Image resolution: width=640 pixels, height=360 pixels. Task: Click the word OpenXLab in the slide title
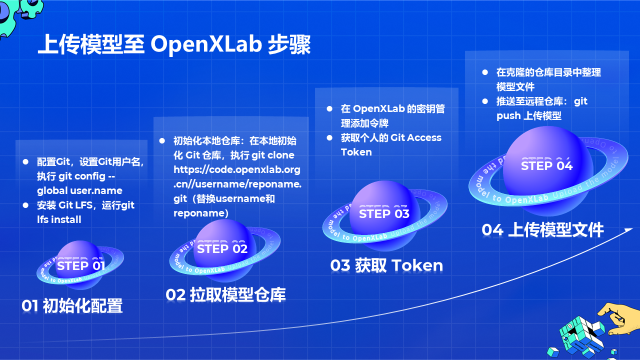206,44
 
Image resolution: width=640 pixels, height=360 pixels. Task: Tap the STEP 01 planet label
80,265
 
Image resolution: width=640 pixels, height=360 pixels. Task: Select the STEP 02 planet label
222,248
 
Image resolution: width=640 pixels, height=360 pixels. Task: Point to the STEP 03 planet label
384,213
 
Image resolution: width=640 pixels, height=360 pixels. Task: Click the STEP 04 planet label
546,165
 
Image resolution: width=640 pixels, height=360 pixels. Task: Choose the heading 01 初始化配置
72,305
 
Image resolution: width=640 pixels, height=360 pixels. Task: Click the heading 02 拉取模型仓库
225,295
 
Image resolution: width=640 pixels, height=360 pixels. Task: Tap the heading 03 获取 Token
386,265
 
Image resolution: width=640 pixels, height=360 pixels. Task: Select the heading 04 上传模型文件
542,229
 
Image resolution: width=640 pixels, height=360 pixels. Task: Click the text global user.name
79,190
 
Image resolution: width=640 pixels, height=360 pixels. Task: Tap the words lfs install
59,219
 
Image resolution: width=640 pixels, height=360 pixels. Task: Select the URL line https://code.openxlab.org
237,169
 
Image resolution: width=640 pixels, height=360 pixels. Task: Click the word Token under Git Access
356,152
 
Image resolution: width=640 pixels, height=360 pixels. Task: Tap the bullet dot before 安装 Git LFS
26,205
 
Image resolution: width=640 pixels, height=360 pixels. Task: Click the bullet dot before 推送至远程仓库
485,101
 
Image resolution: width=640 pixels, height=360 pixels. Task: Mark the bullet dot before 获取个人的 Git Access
329,137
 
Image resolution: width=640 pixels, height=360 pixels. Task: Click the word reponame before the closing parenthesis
198,213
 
